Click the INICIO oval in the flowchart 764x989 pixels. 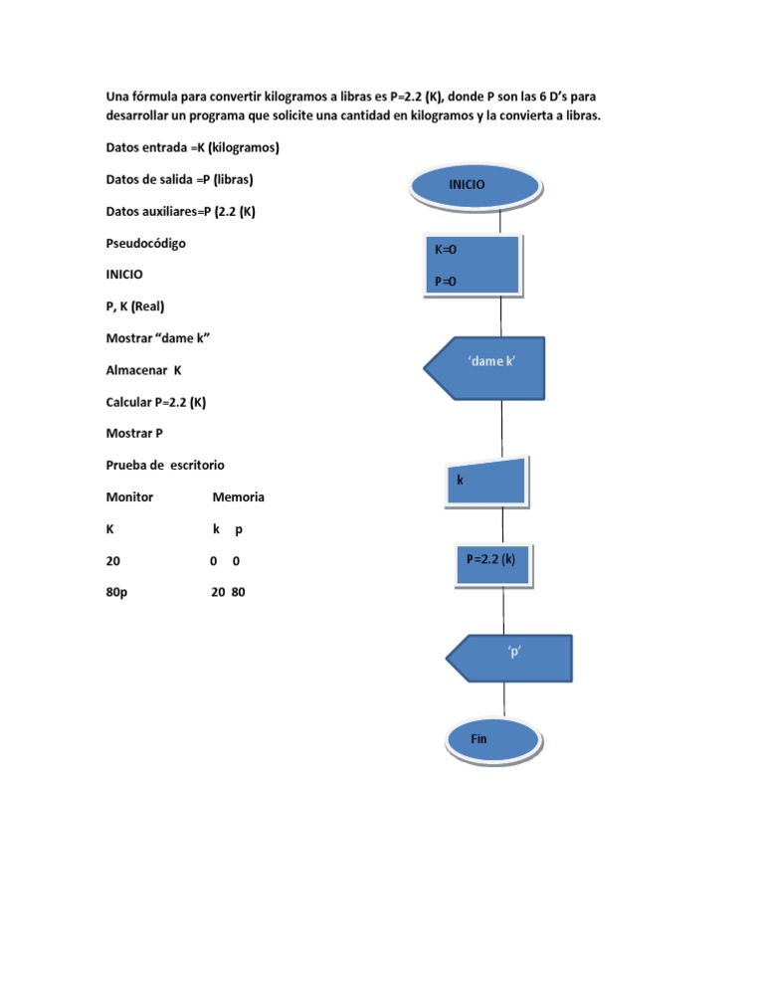tap(477, 185)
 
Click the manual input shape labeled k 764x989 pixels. tap(485, 481)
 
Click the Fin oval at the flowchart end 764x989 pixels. tap(492, 740)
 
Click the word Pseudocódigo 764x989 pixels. tap(145, 243)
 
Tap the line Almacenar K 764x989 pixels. tap(144, 370)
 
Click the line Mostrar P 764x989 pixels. tap(134, 434)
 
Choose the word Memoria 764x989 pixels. tap(239, 497)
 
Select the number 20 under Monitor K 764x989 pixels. tap(113, 561)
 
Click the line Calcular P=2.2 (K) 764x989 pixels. tap(156, 402)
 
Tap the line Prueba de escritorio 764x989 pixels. tap(165, 466)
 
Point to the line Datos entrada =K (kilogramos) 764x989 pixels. tap(192, 147)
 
